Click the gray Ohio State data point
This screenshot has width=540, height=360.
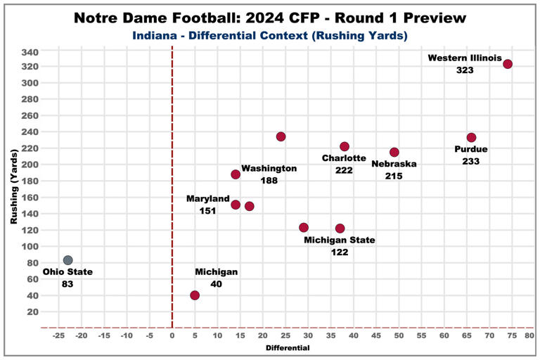pyautogui.click(x=67, y=260)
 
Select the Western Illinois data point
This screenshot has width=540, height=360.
pyautogui.click(x=508, y=64)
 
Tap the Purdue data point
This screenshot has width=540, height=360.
pyautogui.click(x=471, y=138)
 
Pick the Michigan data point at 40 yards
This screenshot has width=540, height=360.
pyautogui.click(x=195, y=295)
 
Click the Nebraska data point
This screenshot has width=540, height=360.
pyautogui.click(x=394, y=153)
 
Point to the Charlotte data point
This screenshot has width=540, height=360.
pyautogui.click(x=345, y=146)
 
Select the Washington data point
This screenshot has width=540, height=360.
pyautogui.click(x=236, y=174)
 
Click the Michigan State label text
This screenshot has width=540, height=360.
pyautogui.click(x=339, y=240)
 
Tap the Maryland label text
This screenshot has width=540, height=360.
pyautogui.click(x=208, y=199)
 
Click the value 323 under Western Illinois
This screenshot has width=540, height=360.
pyautogui.click(x=464, y=70)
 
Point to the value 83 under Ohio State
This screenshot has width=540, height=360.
pyautogui.click(x=67, y=284)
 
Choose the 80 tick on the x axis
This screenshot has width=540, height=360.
pyautogui.click(x=529, y=335)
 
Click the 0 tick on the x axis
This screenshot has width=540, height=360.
pyautogui.click(x=172, y=335)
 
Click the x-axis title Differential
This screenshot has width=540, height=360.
pyautogui.click(x=288, y=347)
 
